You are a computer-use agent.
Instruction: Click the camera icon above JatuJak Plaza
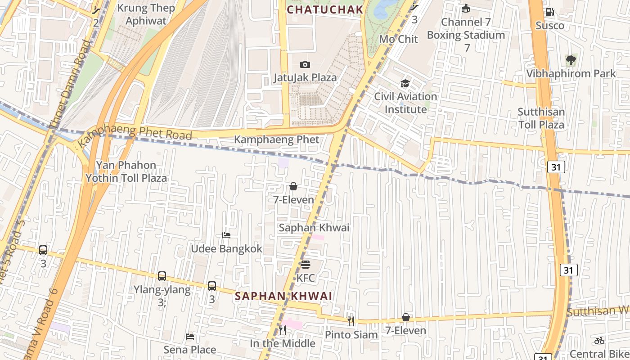(x=305, y=65)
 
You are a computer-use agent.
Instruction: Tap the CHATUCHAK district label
(x=325, y=9)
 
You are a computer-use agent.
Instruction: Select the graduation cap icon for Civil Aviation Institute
(x=405, y=84)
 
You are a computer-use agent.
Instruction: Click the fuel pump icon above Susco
(x=549, y=12)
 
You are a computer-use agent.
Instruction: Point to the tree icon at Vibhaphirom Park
(x=571, y=59)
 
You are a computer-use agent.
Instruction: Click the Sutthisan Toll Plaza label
(x=541, y=118)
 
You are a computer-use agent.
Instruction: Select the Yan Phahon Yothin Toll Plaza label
(x=126, y=171)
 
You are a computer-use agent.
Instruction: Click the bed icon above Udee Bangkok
(x=226, y=235)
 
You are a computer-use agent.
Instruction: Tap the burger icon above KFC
(x=306, y=265)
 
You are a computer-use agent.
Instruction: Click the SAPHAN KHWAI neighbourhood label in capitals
(x=283, y=296)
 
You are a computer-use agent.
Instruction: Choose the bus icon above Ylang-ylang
(x=162, y=276)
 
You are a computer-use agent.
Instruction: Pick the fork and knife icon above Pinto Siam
(x=351, y=321)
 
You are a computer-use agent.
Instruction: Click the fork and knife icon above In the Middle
(x=282, y=330)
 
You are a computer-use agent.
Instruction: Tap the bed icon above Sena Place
(x=190, y=337)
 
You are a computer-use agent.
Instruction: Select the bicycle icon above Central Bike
(x=599, y=341)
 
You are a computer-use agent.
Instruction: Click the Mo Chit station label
(x=398, y=39)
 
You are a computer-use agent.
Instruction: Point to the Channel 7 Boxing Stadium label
(x=466, y=28)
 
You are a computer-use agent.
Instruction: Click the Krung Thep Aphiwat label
(x=145, y=14)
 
